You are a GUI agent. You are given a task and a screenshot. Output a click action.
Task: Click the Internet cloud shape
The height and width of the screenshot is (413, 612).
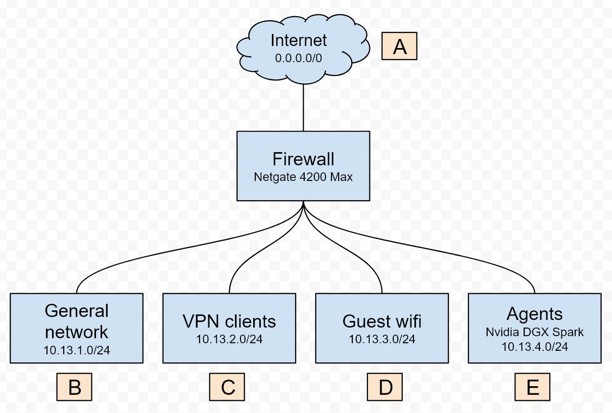[x=303, y=49]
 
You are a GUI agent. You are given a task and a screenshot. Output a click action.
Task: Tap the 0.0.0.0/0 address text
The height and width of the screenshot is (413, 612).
[x=298, y=58]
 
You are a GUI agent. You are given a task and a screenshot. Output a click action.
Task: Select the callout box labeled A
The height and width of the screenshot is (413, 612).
[x=399, y=46]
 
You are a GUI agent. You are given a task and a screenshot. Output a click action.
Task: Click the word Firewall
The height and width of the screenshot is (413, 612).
[x=303, y=159]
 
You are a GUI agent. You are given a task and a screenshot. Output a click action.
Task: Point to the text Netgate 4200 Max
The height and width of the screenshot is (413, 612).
[x=303, y=177]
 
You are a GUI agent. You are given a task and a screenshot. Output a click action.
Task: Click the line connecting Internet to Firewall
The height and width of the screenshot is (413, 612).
[x=303, y=108]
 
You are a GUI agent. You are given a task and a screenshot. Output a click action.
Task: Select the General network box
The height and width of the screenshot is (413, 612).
[x=76, y=328]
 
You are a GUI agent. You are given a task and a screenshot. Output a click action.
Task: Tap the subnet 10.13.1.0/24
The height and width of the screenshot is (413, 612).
[x=76, y=350]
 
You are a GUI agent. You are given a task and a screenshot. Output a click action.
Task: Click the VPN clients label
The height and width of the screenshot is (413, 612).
[x=229, y=321]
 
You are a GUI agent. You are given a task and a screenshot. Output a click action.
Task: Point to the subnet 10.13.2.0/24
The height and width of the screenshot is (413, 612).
[x=229, y=339]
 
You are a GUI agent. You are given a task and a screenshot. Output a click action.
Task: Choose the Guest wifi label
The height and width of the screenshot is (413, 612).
[x=382, y=321]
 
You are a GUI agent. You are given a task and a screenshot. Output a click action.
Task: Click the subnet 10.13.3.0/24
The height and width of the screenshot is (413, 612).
[x=382, y=339]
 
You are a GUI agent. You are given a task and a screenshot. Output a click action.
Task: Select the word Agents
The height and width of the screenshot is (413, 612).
[x=535, y=314]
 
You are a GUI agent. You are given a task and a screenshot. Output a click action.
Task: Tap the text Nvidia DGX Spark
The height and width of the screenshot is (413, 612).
[x=535, y=332]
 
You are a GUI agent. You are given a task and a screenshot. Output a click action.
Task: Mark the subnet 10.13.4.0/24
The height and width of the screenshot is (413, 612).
[x=535, y=347]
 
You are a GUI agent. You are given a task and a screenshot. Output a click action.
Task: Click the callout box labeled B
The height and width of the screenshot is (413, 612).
[x=74, y=387]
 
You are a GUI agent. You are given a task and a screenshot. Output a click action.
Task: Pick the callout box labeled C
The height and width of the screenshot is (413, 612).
[x=227, y=387]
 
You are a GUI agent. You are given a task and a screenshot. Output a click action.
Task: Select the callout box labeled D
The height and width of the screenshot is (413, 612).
[x=385, y=387]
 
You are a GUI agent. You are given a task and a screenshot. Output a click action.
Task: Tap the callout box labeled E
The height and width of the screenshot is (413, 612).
[x=532, y=387]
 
